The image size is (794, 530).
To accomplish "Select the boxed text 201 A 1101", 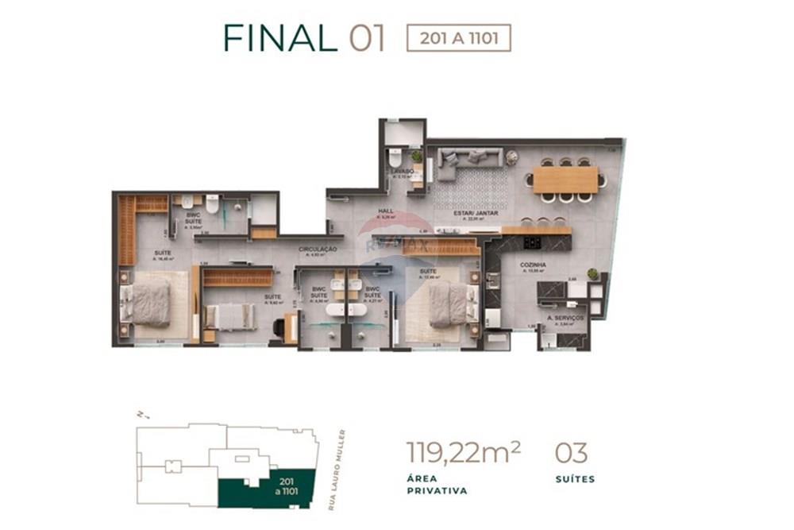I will (x=458, y=38).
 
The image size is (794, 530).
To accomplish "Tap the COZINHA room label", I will (x=532, y=266).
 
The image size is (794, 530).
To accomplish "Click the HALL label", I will (x=387, y=211).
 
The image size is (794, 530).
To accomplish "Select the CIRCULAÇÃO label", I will (x=318, y=250).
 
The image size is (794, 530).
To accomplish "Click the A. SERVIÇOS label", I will (x=565, y=317).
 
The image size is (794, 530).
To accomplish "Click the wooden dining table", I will (x=565, y=180).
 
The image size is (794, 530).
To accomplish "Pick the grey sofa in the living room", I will (x=468, y=159).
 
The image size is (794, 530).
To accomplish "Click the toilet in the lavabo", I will (x=395, y=157).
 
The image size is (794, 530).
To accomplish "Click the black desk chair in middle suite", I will (x=279, y=327).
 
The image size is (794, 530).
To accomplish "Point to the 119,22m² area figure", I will (x=464, y=453).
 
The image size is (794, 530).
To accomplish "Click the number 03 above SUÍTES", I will (x=571, y=453).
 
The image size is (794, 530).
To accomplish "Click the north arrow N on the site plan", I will (x=140, y=414).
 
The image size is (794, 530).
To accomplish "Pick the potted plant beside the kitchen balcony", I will (x=592, y=274).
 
